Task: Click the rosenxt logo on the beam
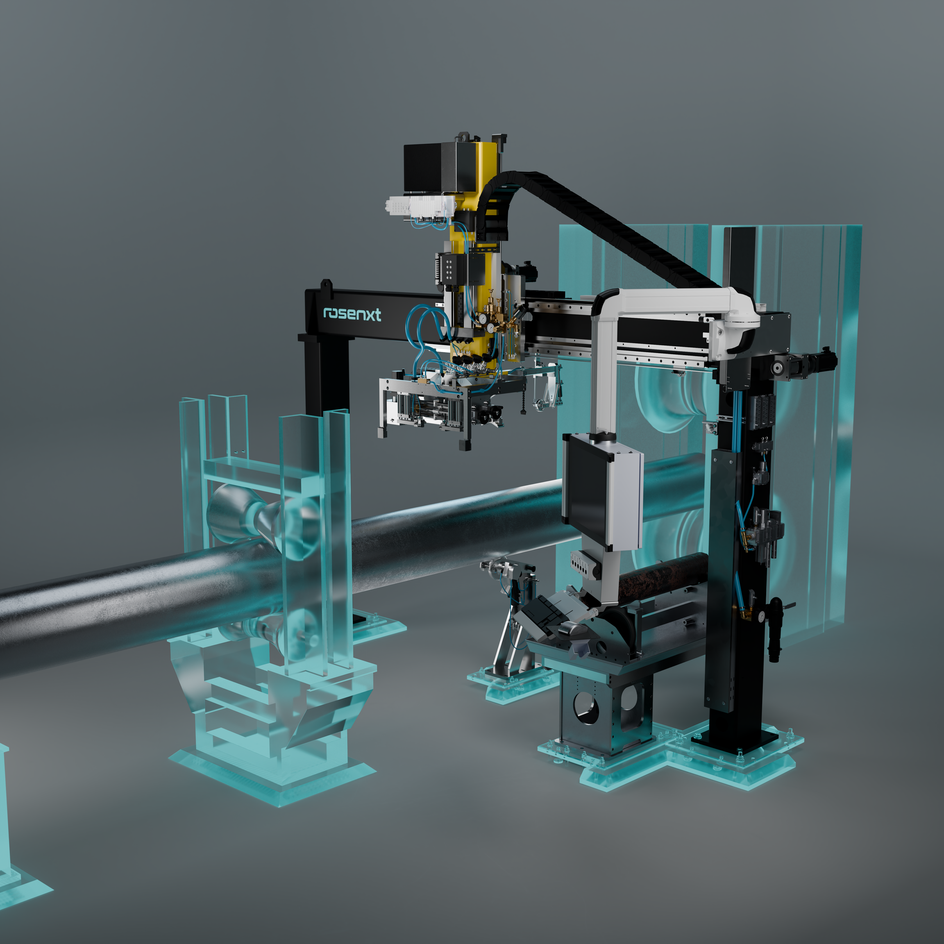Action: tap(352, 314)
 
